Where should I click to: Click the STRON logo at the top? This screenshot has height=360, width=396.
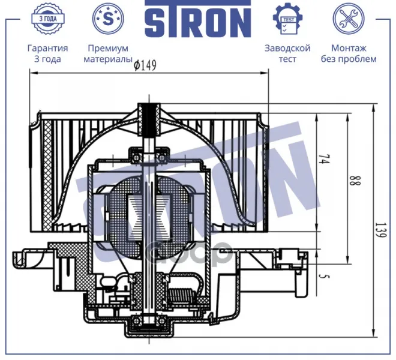pyautogui.click(x=198, y=19)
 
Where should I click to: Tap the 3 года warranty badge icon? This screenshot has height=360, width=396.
pyautogui.click(x=48, y=19)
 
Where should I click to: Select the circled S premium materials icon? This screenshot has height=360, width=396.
pyautogui.click(x=108, y=19)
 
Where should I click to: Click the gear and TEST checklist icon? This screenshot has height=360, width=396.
pyautogui.click(x=287, y=19)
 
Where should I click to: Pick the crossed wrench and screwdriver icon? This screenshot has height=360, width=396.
pyautogui.click(x=349, y=19)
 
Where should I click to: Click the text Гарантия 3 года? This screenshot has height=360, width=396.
pyautogui.click(x=48, y=53)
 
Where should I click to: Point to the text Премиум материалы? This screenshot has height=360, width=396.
pyautogui.click(x=108, y=53)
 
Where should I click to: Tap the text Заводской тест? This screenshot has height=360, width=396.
pyautogui.click(x=287, y=53)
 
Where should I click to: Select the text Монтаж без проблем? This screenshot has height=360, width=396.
pyautogui.click(x=349, y=53)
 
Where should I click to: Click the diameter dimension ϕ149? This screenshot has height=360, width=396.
pyautogui.click(x=145, y=65)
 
